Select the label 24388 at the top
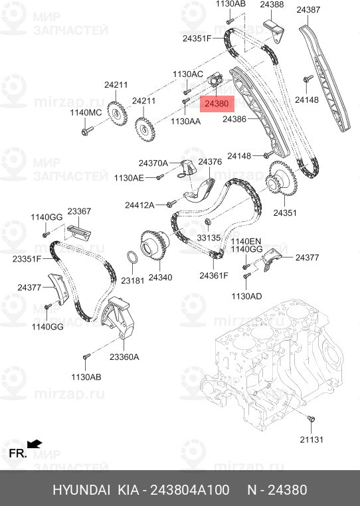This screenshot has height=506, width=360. pos(272,5)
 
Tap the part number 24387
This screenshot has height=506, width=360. pos(327,11)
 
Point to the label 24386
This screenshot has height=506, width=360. pos(234,120)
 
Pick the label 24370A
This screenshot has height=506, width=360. pos(153,163)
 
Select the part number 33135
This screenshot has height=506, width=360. pos(209,237)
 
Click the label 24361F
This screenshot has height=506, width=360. pos(214,276)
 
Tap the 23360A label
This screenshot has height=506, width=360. pos(124,357)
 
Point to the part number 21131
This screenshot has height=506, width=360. pos(312,440)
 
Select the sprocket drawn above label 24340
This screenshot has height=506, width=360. pos(153,247)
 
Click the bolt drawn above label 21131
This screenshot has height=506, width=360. pos(312,420)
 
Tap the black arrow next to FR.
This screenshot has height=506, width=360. pos(35,443)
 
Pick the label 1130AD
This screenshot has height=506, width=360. pos(245,295)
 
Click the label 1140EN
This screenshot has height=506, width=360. pos(246,242)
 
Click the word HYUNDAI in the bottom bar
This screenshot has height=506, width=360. pos(82,490)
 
